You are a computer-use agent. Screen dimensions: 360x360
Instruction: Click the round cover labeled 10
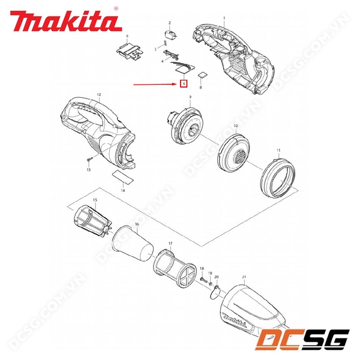click(235, 151)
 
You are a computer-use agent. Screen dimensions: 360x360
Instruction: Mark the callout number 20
click(217, 277)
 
